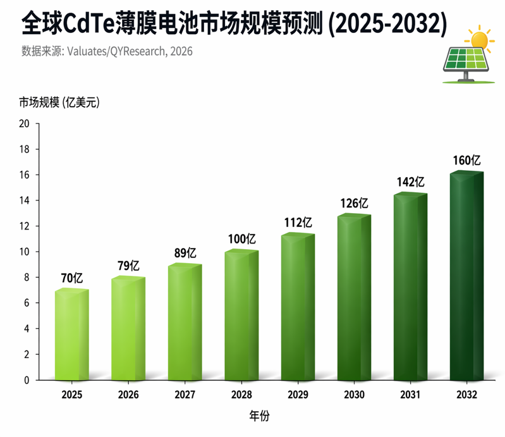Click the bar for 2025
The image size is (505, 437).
tap(71, 335)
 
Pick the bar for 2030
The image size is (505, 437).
tap(354, 297)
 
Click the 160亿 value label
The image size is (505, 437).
tap(466, 161)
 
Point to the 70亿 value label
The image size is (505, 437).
tap(71, 278)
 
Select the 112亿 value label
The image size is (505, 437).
tap(298, 222)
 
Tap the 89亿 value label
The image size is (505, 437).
tap(185, 253)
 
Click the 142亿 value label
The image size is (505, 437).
tap(410, 182)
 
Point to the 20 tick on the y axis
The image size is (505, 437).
tap(25, 124)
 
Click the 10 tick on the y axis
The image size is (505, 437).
tap(25, 252)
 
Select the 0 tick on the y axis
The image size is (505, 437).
tap(27, 380)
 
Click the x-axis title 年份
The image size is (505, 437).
tap(259, 417)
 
